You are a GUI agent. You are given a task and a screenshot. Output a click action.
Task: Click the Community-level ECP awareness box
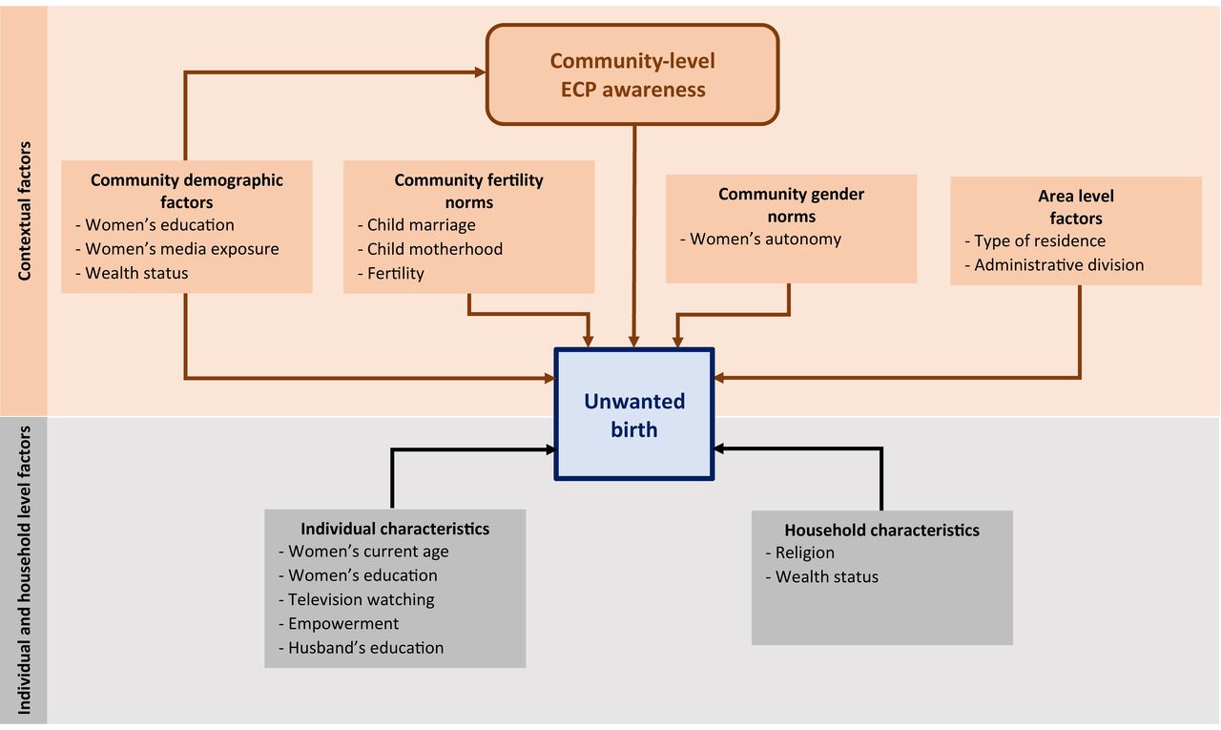(632, 74)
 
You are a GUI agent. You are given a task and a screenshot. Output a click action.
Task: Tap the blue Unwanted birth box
(634, 414)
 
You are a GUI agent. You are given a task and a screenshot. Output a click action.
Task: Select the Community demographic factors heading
(186, 191)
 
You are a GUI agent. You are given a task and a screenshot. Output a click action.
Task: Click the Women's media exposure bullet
(177, 249)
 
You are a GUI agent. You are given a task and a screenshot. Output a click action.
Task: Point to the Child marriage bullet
(417, 224)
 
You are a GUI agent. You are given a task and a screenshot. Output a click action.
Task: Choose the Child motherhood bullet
(430, 249)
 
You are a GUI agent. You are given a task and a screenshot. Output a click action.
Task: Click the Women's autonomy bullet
(760, 239)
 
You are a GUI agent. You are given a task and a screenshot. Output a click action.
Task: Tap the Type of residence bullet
(1035, 241)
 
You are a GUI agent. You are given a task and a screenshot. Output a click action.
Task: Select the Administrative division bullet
(1054, 265)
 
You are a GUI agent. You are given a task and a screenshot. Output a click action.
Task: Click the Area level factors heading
(1076, 207)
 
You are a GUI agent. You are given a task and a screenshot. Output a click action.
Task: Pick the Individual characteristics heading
(395, 529)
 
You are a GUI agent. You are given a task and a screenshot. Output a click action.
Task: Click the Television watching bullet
(357, 599)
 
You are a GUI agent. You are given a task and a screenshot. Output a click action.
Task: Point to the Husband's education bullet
(361, 648)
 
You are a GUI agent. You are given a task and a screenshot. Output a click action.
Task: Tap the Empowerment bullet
(339, 624)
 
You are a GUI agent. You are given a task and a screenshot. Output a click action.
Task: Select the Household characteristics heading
(882, 530)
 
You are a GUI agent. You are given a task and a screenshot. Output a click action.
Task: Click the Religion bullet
(799, 553)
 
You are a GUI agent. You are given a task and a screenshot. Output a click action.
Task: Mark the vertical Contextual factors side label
(24, 211)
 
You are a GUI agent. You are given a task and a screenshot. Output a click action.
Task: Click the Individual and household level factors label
(24, 571)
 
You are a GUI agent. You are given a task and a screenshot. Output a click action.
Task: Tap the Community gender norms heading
(792, 205)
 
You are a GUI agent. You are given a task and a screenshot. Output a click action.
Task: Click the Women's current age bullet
(363, 552)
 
